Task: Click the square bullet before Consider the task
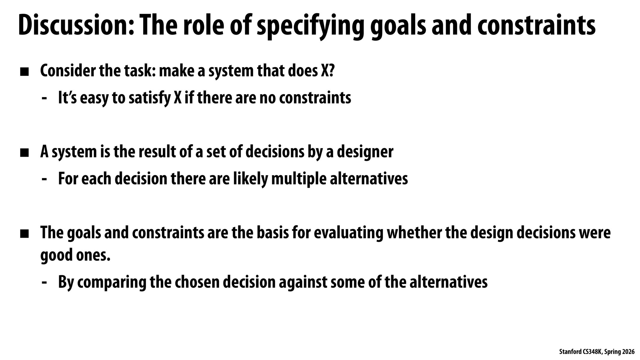[x=24, y=72]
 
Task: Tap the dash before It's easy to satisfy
[x=44, y=98]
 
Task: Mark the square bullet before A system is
[x=24, y=153]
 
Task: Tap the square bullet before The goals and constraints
[x=24, y=234]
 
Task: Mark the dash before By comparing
[x=44, y=282]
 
